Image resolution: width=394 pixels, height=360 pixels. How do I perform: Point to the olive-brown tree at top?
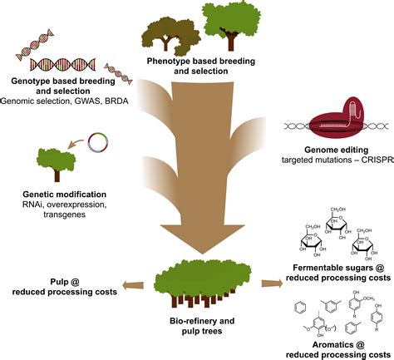click(170, 36)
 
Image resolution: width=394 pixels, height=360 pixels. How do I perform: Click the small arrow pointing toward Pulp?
click(133, 285)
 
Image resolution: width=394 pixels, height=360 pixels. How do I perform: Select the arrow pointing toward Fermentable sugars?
click(272, 284)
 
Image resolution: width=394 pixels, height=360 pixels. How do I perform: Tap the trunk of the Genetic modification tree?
click(57, 175)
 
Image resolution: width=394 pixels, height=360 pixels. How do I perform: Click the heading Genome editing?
click(337, 150)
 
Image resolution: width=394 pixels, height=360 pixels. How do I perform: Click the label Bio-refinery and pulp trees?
click(202, 326)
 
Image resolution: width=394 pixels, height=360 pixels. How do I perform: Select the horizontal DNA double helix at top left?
click(62, 64)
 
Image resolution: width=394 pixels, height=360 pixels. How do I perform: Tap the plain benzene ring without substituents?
click(300, 308)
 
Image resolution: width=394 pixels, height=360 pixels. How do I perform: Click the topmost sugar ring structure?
click(337, 223)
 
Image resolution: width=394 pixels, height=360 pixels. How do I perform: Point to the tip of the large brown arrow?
click(202, 255)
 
